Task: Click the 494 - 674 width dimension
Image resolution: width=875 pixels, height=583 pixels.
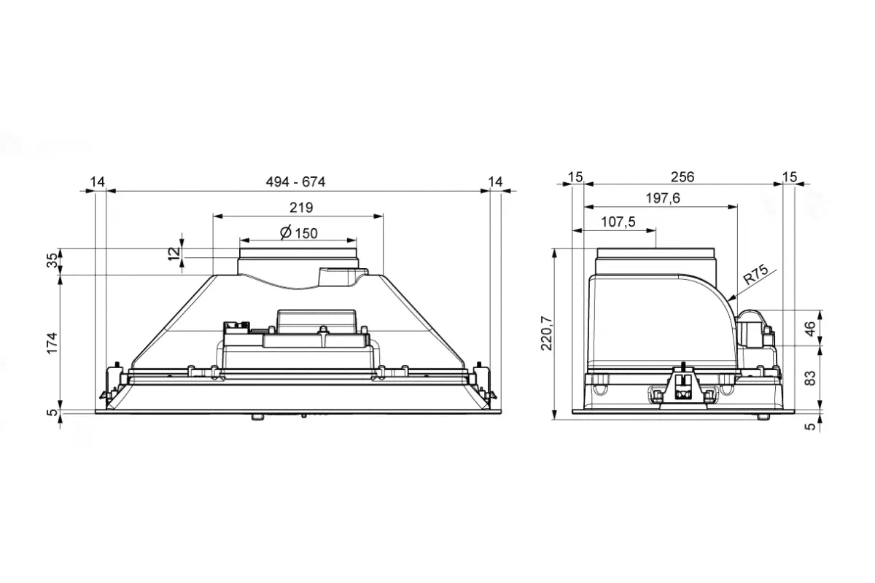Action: click(295, 182)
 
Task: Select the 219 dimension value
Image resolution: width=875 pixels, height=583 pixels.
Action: click(301, 208)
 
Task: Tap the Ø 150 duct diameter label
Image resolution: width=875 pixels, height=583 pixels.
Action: click(299, 233)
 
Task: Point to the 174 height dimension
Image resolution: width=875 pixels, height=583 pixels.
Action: click(52, 343)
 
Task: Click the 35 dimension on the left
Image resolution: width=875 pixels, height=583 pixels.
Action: click(52, 260)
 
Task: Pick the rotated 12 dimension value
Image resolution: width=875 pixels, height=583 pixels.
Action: click(174, 254)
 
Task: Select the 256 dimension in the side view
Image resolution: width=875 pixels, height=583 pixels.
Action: click(682, 177)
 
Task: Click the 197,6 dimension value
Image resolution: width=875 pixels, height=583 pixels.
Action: click(663, 198)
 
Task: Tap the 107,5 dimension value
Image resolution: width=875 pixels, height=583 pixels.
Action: click(618, 222)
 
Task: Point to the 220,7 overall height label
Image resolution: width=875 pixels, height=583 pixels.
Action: click(547, 333)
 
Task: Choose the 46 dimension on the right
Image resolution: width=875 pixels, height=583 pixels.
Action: click(811, 329)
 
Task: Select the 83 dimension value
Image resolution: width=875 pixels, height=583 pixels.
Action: click(811, 378)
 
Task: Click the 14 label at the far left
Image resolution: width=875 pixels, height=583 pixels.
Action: click(98, 181)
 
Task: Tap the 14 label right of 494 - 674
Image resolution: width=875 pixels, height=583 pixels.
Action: click(495, 181)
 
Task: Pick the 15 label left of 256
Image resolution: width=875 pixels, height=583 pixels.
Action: click(575, 177)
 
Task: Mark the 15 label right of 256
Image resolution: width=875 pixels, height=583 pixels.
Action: click(790, 177)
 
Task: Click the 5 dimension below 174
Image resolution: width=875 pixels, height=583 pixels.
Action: click(52, 412)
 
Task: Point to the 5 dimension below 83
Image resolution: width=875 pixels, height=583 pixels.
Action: click(811, 426)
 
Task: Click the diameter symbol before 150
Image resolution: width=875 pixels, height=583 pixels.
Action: click(286, 232)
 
